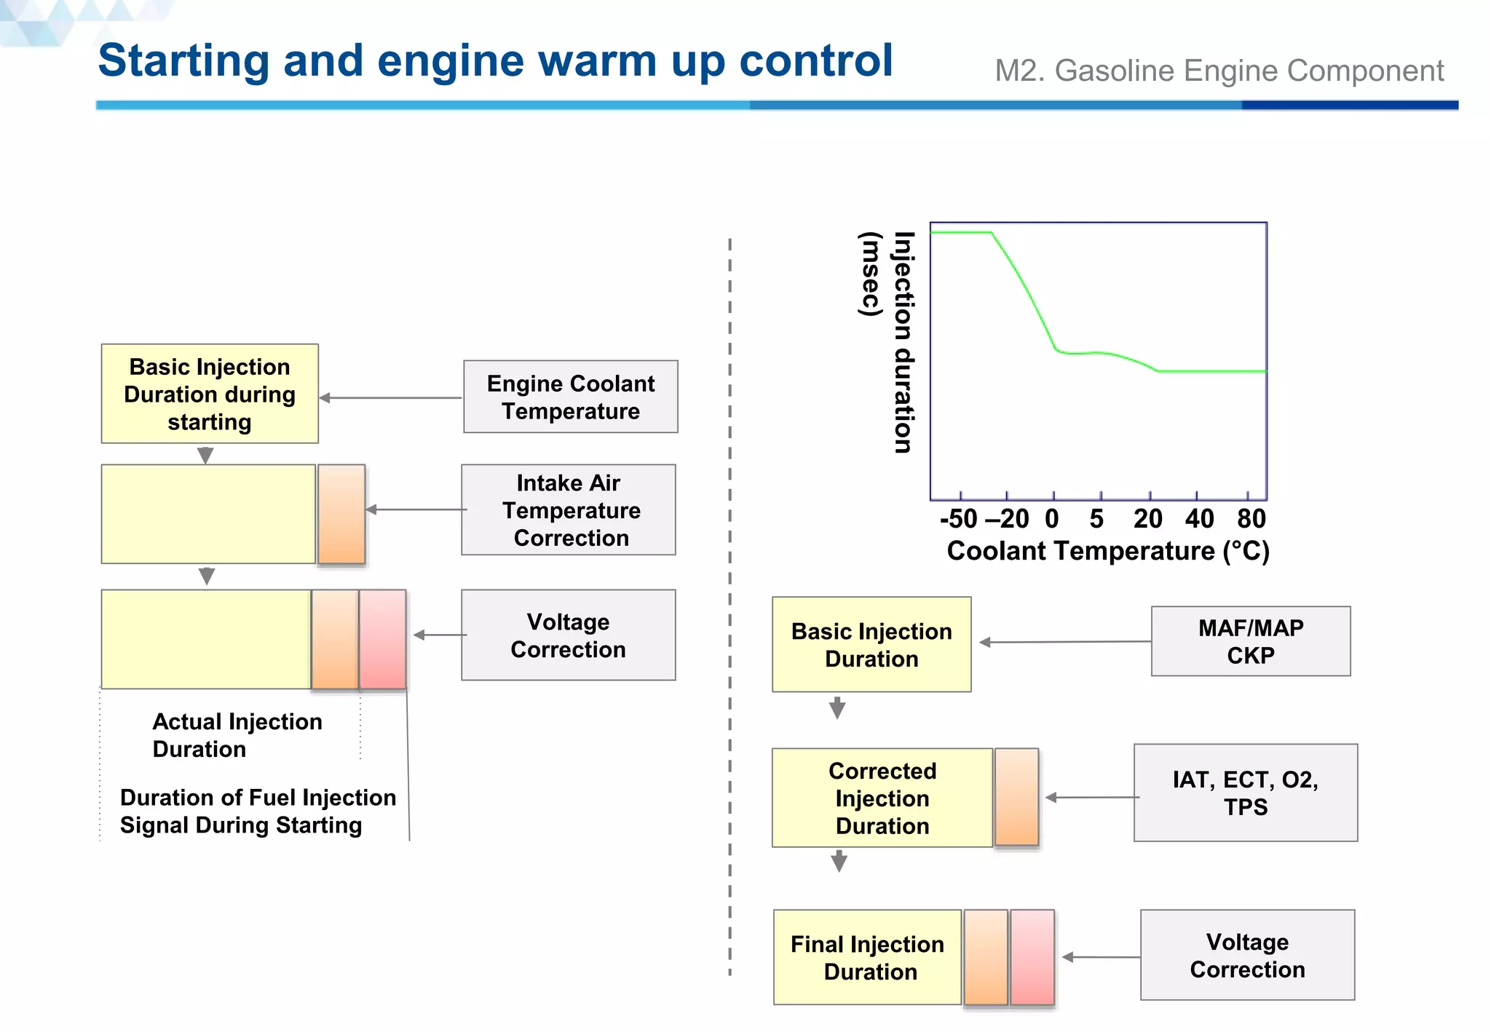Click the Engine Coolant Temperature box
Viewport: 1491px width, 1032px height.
pos(570,397)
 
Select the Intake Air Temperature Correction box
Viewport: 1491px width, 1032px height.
pos(569,509)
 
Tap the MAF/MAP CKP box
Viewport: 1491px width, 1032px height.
pos(1250,641)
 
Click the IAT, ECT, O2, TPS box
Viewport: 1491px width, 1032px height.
pos(1245,793)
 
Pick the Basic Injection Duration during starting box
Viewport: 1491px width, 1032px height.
pos(210,394)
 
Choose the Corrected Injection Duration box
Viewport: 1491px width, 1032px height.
pos(882,798)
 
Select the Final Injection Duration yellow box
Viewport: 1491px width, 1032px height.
pos(867,957)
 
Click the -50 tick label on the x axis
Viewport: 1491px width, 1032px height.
pos(958,519)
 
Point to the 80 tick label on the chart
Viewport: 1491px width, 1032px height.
pos(1251,519)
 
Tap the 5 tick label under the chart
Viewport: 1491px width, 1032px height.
pos(1096,519)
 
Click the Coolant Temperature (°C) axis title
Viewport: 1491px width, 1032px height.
pos(1107,551)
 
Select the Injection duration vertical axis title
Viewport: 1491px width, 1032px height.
pos(903,342)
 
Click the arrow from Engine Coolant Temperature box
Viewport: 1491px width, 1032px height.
pos(391,397)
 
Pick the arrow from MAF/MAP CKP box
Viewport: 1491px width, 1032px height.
pos(1064,642)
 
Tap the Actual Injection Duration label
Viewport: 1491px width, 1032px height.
pos(237,735)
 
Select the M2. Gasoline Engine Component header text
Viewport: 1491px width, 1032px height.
pos(1219,71)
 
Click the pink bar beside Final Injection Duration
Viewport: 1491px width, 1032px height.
pos(1032,956)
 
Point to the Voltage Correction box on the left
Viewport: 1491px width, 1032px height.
pos(568,635)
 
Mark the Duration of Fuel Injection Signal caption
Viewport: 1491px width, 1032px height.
pos(257,811)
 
